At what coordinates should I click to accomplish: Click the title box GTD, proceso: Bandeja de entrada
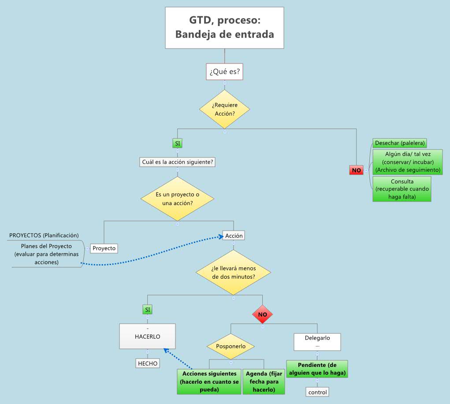224,27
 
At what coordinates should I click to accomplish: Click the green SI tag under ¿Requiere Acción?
177,143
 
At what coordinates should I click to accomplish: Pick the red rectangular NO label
356,170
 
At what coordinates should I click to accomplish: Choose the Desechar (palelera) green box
400,143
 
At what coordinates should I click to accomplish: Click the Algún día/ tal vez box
407,162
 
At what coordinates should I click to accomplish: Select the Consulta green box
402,189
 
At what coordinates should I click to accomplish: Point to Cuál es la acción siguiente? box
178,162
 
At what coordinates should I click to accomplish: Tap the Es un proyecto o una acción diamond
177,198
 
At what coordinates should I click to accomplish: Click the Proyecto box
104,248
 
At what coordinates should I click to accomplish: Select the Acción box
234,236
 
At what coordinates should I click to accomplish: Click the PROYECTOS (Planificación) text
44,236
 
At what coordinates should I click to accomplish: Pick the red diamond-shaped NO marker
263,315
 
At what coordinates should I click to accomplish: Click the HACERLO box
147,337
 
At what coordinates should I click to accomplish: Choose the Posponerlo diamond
231,346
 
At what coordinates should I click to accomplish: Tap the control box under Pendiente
317,392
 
